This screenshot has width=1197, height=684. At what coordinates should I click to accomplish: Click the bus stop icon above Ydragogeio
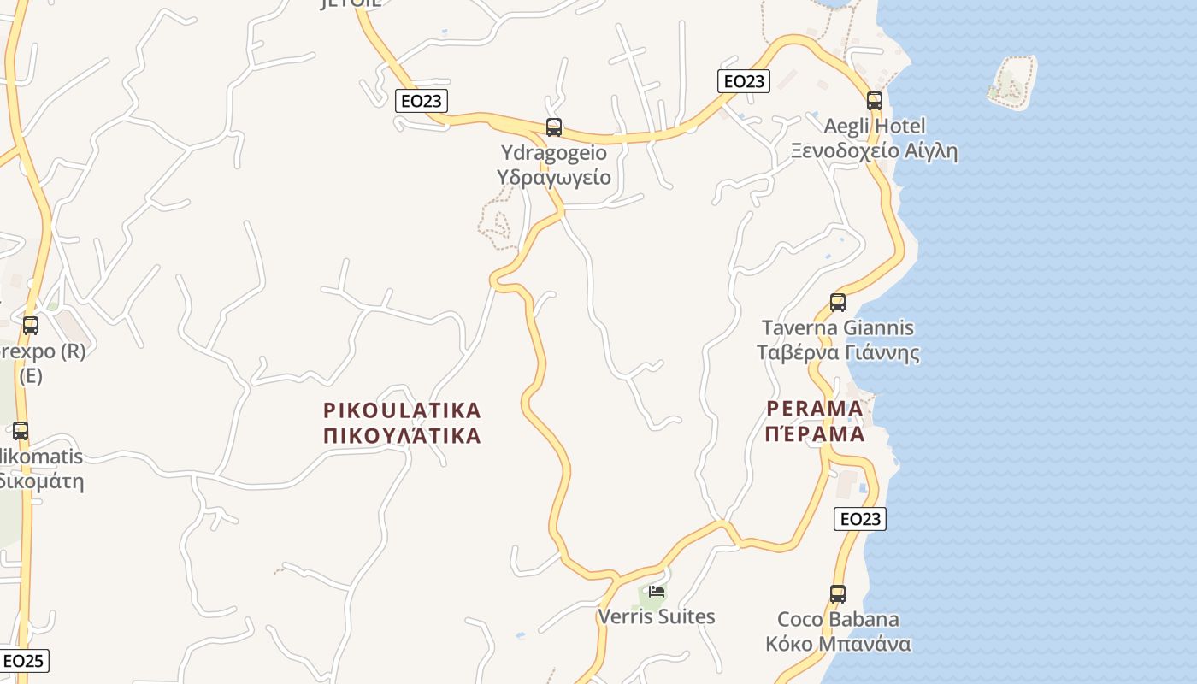click(x=554, y=127)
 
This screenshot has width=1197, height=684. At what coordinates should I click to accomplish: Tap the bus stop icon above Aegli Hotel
click(x=874, y=100)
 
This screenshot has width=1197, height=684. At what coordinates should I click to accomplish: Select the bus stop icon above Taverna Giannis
click(x=838, y=302)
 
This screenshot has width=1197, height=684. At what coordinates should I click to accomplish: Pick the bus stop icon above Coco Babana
click(x=838, y=593)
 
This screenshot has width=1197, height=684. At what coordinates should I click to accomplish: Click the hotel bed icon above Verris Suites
click(x=657, y=591)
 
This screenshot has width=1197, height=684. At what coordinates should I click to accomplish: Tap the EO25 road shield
click(x=24, y=660)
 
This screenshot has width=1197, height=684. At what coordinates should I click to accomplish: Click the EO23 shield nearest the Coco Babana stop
click(x=860, y=518)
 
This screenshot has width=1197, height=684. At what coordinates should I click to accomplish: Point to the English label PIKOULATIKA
click(x=403, y=410)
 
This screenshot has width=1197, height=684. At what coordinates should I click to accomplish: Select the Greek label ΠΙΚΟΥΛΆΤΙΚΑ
click(x=403, y=435)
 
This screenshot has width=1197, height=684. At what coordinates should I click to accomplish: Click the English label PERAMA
click(x=815, y=408)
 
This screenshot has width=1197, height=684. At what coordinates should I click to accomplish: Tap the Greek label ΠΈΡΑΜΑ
click(x=815, y=433)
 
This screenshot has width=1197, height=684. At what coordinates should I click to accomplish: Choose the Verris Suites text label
click(x=657, y=616)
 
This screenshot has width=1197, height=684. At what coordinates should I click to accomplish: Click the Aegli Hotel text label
click(x=875, y=126)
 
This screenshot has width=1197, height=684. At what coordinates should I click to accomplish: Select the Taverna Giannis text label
click(x=838, y=327)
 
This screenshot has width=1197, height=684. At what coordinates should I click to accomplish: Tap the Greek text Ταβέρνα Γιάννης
click(x=838, y=353)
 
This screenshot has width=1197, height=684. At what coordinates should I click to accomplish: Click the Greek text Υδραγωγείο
click(x=554, y=177)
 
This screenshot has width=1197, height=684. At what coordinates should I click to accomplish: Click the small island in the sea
click(x=1011, y=81)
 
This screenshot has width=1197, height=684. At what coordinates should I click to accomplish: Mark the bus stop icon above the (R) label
click(x=31, y=325)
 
